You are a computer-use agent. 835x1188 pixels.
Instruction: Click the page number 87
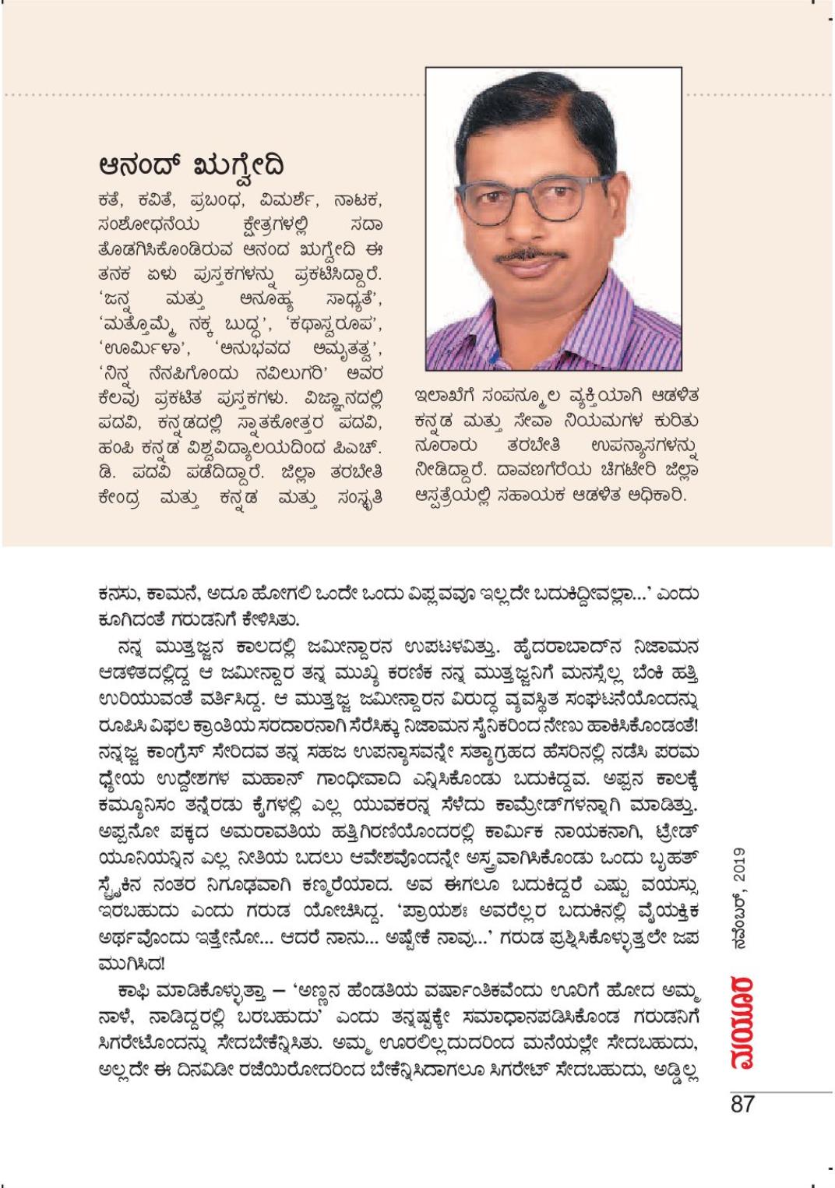point(742,1104)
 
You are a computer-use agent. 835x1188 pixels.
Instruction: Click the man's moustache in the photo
point(532,257)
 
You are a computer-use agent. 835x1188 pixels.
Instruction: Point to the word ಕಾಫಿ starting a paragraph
point(133,996)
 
